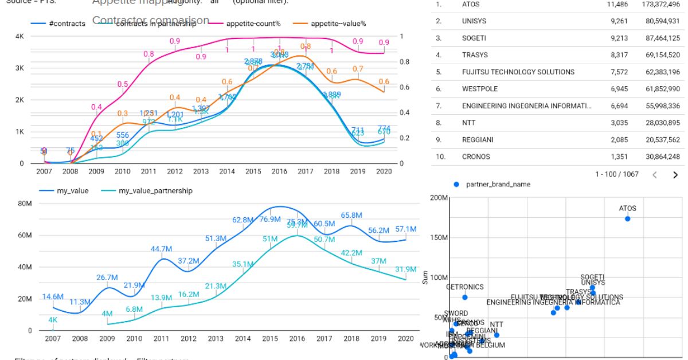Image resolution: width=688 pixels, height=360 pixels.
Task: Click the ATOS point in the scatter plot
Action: coord(628,218)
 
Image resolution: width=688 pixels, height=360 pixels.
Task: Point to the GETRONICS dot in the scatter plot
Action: coord(464,297)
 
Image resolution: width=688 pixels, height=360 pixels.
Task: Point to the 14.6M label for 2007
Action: coord(53,296)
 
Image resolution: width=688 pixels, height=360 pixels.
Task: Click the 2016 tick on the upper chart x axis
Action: coord(280,171)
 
